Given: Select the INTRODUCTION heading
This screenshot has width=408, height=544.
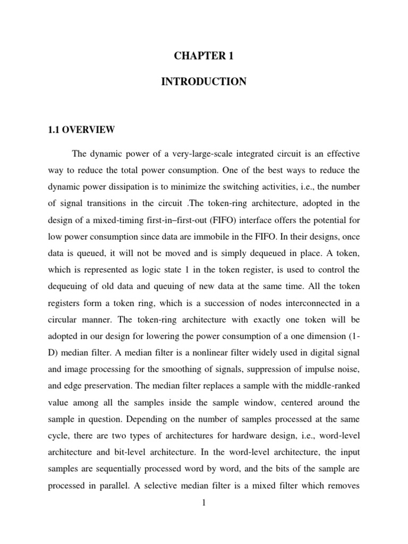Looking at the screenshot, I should (x=205, y=82).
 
